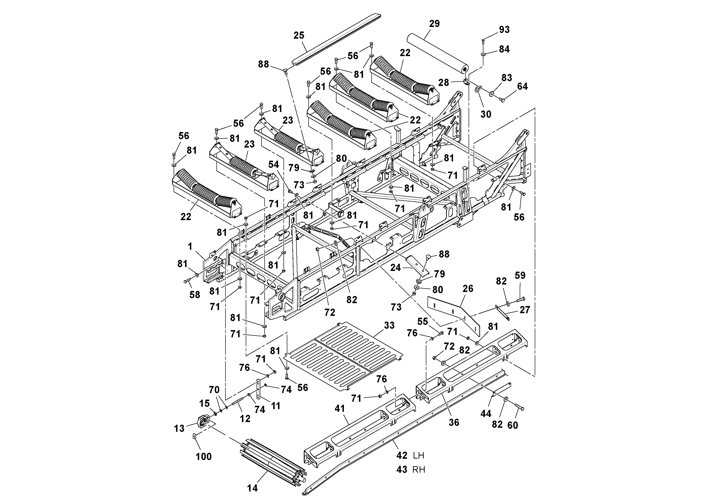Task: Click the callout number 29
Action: pos(434,24)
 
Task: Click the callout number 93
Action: pos(504,30)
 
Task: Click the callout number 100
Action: pos(203,456)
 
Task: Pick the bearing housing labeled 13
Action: pos(203,422)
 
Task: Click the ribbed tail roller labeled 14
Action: pos(273,458)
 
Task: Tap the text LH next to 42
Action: pos(418,456)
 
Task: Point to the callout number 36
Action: pos(454,423)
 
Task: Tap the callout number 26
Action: pos(468,289)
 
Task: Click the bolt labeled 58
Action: pos(187,281)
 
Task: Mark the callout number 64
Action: pos(522,86)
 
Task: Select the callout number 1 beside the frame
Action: pos(190,246)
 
